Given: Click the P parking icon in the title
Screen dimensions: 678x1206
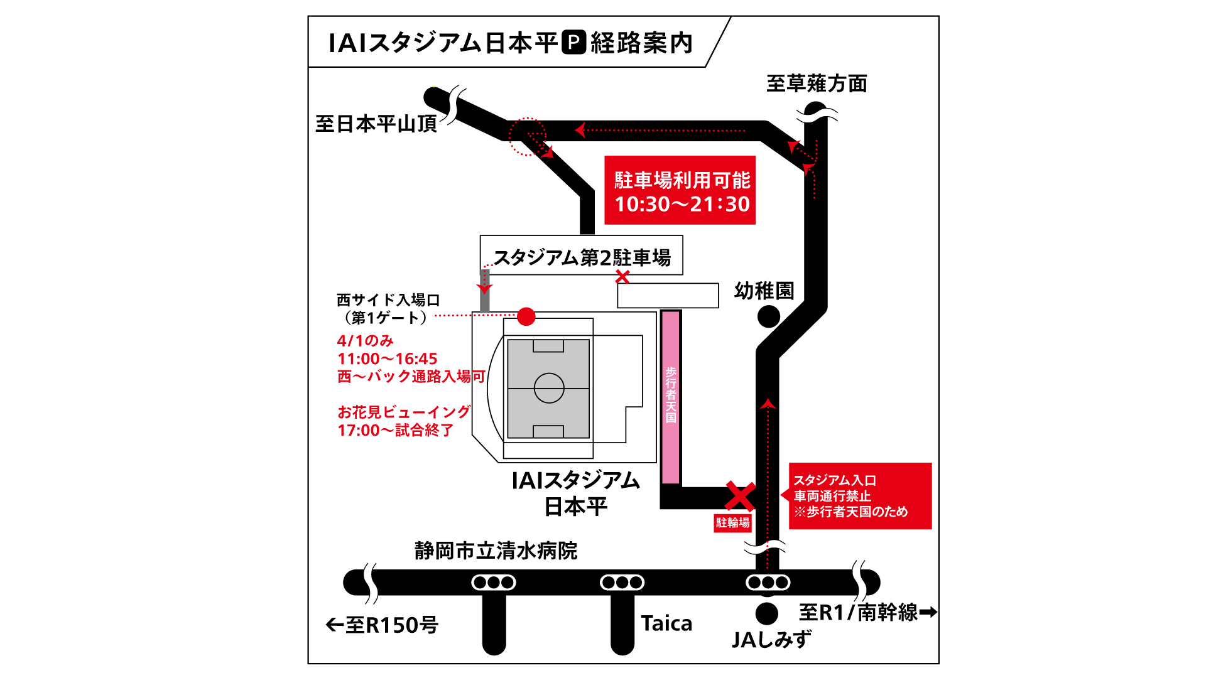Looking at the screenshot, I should [573, 43].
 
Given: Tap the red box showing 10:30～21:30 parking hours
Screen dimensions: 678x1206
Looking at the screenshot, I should [680, 190].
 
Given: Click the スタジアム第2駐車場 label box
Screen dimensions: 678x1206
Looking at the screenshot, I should [581, 256].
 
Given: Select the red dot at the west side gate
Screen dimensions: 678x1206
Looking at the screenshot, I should [526, 316].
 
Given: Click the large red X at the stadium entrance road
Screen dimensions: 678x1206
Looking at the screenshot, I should [741, 496].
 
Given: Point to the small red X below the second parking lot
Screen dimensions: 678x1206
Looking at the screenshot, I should [622, 276].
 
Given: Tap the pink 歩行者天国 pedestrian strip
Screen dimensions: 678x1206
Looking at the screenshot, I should [671, 396].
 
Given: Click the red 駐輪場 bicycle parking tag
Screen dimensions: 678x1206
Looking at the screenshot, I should [732, 523].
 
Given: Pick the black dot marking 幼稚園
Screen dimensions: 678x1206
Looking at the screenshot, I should [768, 317].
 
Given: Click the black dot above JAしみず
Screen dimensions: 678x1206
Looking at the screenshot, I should [766, 613].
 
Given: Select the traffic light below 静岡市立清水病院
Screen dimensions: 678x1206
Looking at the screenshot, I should [494, 583].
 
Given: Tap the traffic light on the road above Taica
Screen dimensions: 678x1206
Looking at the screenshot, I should [622, 583].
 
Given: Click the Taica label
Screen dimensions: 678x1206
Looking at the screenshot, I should [666, 623].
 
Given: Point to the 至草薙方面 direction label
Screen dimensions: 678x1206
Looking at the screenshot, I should [817, 83].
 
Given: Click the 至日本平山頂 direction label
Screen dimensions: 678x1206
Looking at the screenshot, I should [376, 124].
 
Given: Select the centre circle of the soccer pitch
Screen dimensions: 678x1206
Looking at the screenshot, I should [549, 388].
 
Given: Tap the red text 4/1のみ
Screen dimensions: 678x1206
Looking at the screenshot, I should [365, 341].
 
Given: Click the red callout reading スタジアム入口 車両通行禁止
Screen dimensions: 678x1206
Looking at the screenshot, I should [859, 496].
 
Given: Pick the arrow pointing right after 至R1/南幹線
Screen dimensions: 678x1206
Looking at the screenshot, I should [928, 611].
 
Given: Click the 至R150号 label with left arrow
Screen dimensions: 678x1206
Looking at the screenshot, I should [382, 625].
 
